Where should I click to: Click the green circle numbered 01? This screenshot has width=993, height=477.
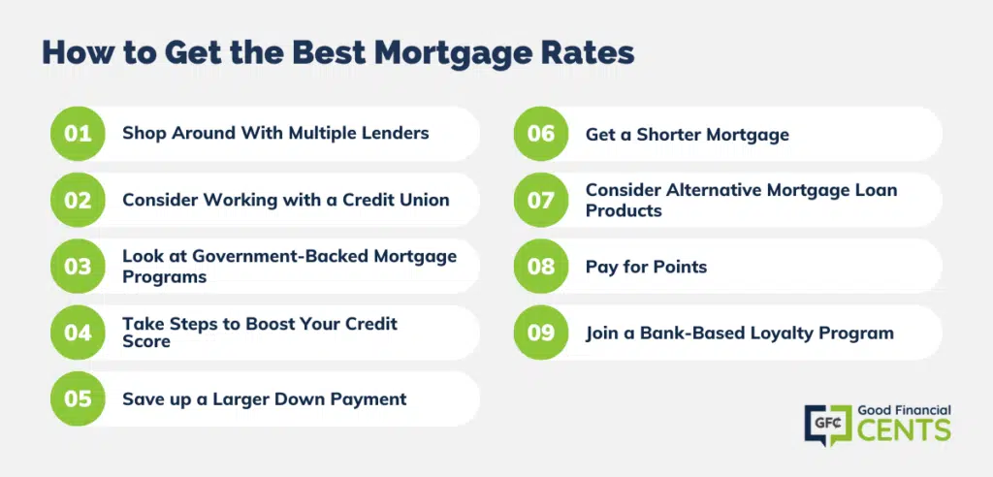(78, 134)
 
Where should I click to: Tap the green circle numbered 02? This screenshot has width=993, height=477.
(78, 200)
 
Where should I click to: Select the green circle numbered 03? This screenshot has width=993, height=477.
(78, 266)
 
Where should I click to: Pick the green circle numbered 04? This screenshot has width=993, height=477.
(78, 333)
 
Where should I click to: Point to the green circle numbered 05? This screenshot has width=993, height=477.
(78, 398)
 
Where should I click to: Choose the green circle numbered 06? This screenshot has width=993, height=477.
(541, 134)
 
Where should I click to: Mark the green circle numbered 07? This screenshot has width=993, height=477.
(541, 200)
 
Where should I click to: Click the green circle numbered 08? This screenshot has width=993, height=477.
(541, 266)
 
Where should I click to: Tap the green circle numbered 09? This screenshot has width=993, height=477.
(541, 333)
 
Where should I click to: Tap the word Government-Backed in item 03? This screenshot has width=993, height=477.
(281, 256)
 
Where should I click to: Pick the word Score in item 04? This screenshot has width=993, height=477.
(146, 341)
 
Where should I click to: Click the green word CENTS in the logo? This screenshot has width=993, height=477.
(905, 429)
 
